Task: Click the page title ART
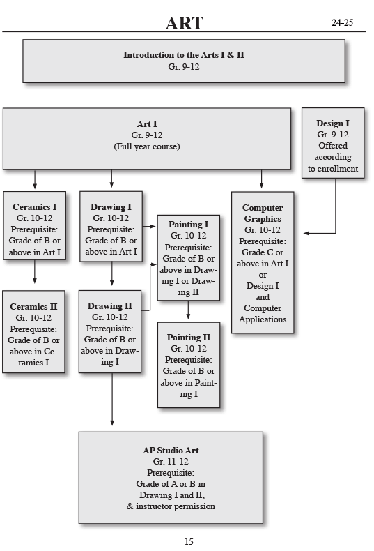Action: pos(184,23)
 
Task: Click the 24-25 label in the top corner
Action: pos(342,22)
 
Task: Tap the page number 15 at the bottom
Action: pos(189,541)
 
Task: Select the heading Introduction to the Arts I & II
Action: pos(184,54)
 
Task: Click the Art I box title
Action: pos(147,124)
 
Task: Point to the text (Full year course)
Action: pos(147,147)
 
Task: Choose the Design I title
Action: pos(333,123)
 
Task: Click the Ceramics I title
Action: pos(35,207)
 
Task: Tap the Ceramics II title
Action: pos(34,306)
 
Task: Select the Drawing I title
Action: pos(111,207)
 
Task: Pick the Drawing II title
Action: pos(110,306)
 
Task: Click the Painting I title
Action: pos(188,225)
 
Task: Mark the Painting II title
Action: pos(188,338)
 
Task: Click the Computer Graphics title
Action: pos(263,213)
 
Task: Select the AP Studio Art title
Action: pos(171,450)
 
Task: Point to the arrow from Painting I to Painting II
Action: pos(188,310)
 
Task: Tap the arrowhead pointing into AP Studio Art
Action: pos(112,421)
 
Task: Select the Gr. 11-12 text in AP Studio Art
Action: pos(171,462)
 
